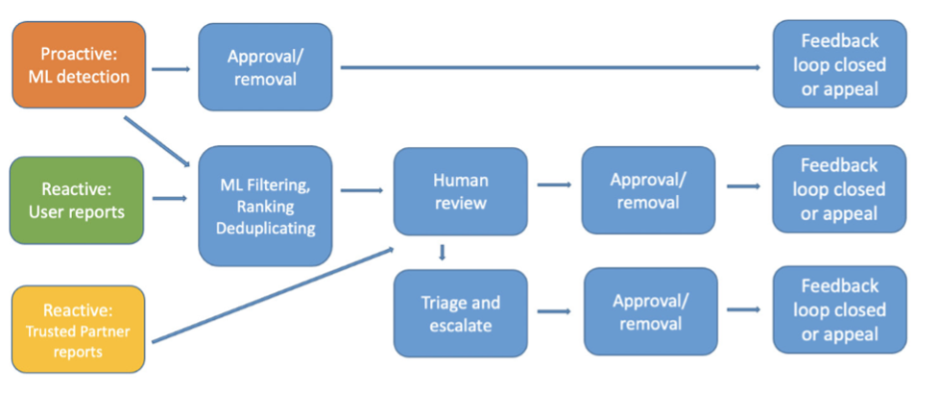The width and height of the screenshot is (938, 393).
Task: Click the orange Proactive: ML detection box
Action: (79, 64)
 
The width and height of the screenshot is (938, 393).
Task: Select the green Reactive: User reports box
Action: (77, 200)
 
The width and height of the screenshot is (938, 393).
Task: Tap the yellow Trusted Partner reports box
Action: (79, 329)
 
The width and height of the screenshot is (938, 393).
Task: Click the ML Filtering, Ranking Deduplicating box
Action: (265, 206)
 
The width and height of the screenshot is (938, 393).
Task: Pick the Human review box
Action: (460, 191)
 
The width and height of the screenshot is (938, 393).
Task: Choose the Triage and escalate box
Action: (460, 313)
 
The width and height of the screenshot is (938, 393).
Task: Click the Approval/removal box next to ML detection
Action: (265, 67)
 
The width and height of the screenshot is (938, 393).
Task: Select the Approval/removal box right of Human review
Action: (648, 190)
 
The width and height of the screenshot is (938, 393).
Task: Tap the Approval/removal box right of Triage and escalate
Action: (650, 311)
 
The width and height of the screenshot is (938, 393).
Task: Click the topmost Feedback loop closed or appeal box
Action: (839, 64)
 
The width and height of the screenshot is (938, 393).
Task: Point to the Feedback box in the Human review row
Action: (839, 188)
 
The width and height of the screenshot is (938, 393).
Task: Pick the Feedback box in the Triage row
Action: (839, 309)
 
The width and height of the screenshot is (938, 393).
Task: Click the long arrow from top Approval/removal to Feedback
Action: (550, 67)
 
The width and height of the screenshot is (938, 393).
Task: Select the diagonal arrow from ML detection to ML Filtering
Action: (157, 140)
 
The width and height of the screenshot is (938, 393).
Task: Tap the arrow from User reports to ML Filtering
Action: (170, 198)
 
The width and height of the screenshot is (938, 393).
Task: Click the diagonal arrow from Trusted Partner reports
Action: (273, 295)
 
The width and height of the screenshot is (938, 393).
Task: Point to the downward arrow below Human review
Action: (442, 252)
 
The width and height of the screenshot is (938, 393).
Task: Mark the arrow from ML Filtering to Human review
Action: (361, 190)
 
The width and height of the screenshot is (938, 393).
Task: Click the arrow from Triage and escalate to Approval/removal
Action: (555, 311)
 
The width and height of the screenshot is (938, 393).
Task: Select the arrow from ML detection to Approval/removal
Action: (171, 69)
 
